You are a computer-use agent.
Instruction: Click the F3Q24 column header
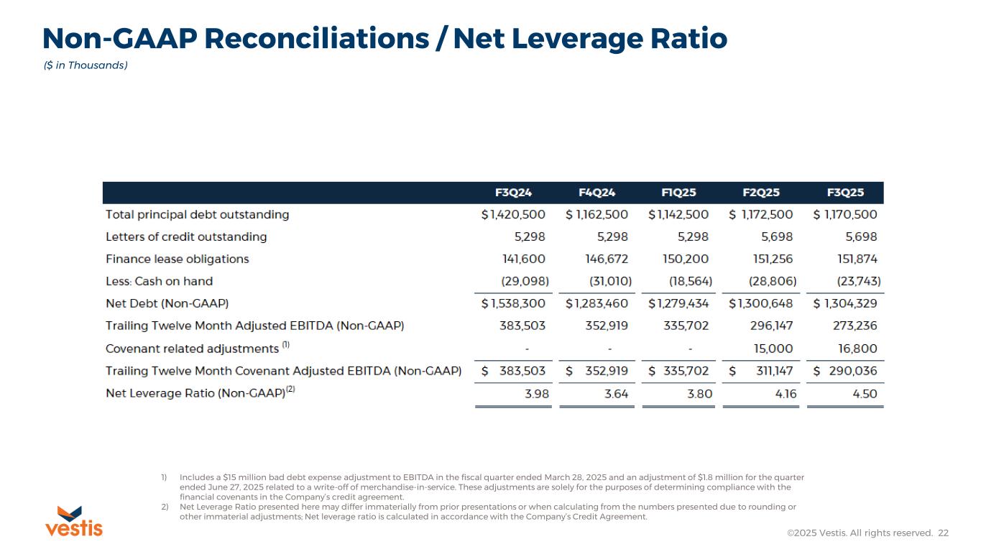514,193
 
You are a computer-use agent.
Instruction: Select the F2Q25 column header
761,193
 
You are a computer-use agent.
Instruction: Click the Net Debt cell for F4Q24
597,303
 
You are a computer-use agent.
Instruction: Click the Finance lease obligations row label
178,259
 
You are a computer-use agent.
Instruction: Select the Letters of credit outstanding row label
186,236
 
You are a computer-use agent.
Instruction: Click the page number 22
944,533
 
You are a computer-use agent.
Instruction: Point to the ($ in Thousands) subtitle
86,65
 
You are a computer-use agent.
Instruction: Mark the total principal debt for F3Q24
513,214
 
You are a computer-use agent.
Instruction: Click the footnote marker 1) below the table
164,477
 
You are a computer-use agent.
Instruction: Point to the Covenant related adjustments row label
192,349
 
